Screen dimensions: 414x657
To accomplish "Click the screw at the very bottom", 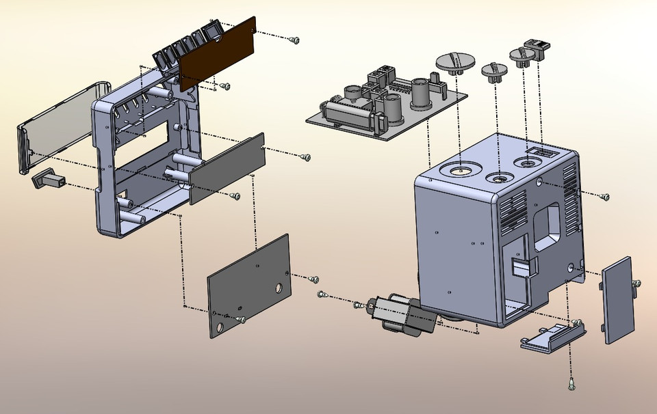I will pyautogui.click(x=571, y=384).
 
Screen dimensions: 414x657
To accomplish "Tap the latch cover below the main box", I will pyautogui.click(x=554, y=336).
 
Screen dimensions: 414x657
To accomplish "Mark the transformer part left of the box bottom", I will pyautogui.click(x=402, y=315).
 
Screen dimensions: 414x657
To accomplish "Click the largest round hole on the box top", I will pyautogui.click(x=461, y=170).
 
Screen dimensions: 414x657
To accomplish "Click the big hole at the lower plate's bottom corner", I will pyautogui.click(x=219, y=327).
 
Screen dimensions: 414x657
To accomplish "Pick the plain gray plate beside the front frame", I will pyautogui.click(x=227, y=168).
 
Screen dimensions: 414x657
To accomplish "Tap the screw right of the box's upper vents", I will pyautogui.click(x=604, y=197).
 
